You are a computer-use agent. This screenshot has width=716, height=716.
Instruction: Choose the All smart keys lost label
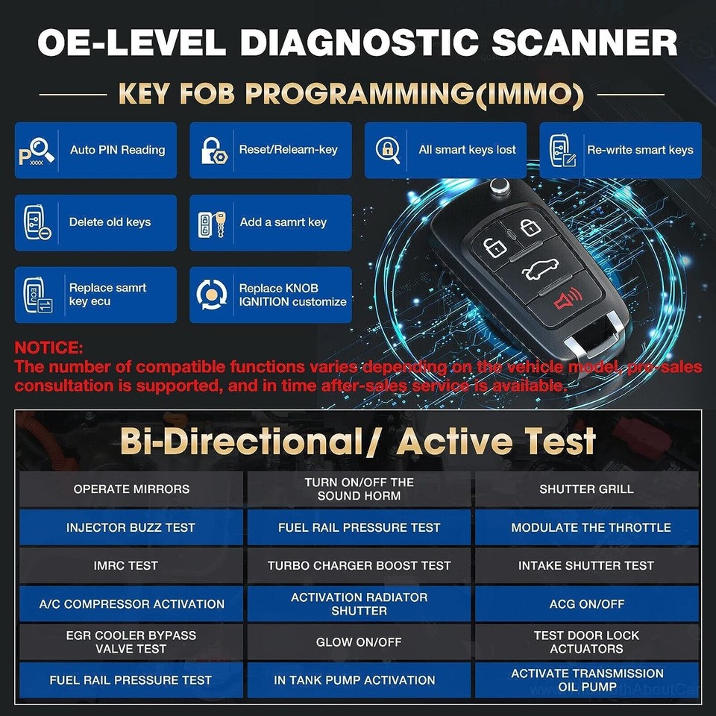pos(467,150)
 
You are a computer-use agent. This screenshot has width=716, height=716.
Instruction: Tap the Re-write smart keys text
pos(640,150)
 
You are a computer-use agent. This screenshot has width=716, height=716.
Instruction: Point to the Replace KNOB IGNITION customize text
pos(292,295)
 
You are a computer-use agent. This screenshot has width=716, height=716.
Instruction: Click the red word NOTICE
pos(48,348)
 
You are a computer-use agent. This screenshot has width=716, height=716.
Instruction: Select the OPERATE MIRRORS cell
pos(131,489)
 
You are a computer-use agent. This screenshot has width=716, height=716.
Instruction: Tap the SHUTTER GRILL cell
pos(586,489)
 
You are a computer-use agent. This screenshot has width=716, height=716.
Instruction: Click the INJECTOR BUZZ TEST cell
pos(131,527)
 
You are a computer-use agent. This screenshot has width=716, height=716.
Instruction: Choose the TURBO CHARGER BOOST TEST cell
pos(359,565)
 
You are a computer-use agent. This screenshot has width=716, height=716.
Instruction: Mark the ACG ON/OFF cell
pos(586,603)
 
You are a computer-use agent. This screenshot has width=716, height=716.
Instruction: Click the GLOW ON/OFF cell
pos(359,641)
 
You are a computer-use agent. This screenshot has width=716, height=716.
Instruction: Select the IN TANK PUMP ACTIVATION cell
pos(359,679)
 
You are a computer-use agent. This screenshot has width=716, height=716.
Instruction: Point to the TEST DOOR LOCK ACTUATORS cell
pos(586,641)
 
